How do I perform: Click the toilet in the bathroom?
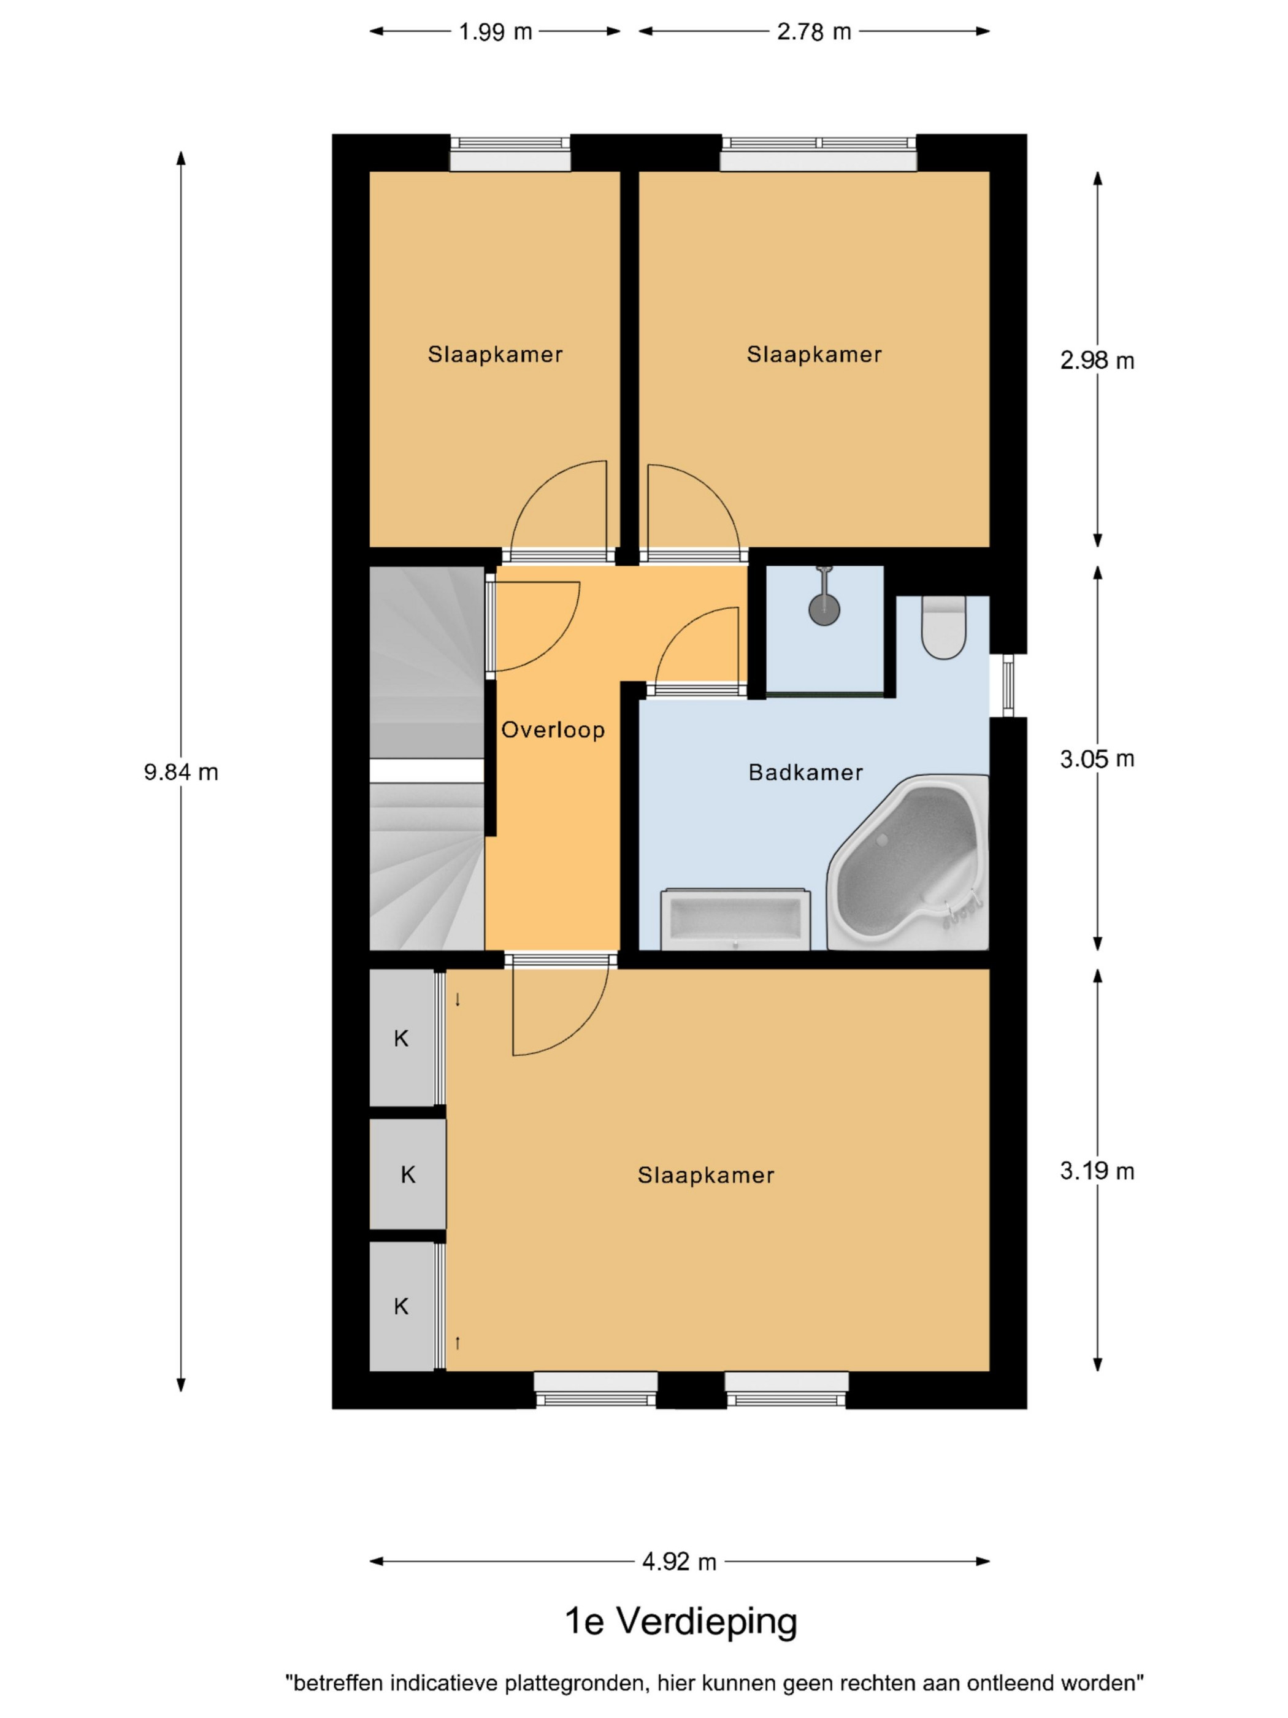(943, 627)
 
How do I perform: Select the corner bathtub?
(908, 861)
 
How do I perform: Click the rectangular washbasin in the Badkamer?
(734, 920)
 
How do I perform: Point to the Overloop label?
(553, 730)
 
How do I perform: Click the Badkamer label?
(805, 772)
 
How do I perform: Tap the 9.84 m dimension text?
(181, 772)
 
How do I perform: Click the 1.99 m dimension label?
(496, 32)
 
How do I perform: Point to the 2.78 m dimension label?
(814, 32)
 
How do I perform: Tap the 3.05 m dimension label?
(1097, 759)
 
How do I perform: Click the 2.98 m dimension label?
(1097, 361)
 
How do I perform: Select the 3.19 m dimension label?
(1097, 1171)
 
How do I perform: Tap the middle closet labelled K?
(408, 1174)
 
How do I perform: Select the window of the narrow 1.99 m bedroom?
(510, 152)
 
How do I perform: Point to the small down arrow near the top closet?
(458, 1000)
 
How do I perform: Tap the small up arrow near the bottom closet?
(458, 1341)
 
